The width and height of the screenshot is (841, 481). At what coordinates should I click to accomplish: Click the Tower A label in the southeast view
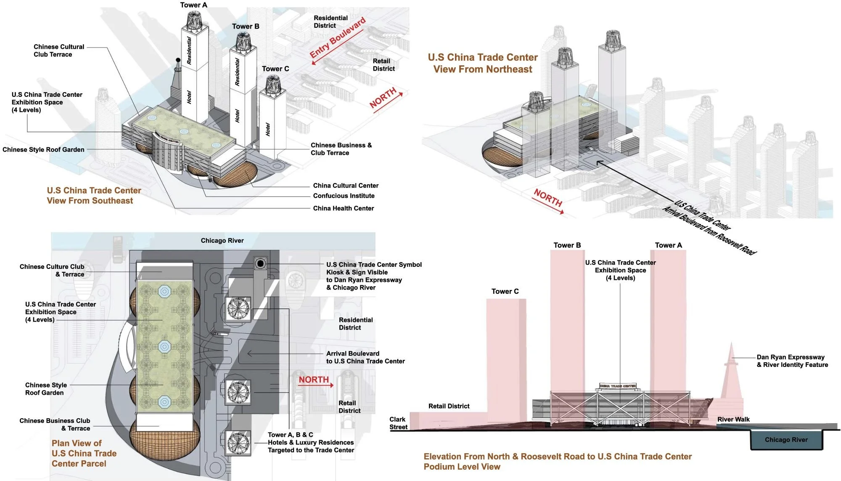[193, 5]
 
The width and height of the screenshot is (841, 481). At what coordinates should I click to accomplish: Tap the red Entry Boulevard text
[337, 38]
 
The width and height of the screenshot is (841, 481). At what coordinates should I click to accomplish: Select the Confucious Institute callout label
[344, 196]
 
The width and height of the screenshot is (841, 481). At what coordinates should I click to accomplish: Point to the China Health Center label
[343, 208]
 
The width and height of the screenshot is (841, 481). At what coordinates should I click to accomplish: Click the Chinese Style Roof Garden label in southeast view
[43, 149]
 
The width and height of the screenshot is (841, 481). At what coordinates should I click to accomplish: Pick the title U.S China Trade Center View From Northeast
[483, 63]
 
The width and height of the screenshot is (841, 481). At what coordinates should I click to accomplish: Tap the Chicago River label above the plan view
[222, 241]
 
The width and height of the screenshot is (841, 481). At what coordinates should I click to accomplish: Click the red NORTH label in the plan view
[314, 380]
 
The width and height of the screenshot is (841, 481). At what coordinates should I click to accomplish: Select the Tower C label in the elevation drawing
[505, 291]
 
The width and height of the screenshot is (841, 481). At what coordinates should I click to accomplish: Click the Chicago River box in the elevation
[786, 440]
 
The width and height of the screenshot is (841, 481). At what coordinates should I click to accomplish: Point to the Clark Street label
[398, 423]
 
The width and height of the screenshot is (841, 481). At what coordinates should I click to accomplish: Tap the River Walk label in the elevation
[733, 419]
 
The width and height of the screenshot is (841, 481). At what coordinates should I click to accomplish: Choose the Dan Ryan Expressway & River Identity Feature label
[792, 361]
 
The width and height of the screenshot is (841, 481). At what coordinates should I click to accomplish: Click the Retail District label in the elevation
[449, 406]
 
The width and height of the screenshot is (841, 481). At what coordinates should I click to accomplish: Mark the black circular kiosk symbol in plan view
[261, 263]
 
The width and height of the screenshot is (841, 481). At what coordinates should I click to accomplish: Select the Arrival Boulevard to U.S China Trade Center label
[365, 357]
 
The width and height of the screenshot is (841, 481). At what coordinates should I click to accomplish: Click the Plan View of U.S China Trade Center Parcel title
[84, 453]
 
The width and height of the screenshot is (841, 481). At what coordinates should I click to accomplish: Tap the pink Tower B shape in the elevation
[567, 320]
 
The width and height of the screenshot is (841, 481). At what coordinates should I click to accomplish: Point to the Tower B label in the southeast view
[246, 27]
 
